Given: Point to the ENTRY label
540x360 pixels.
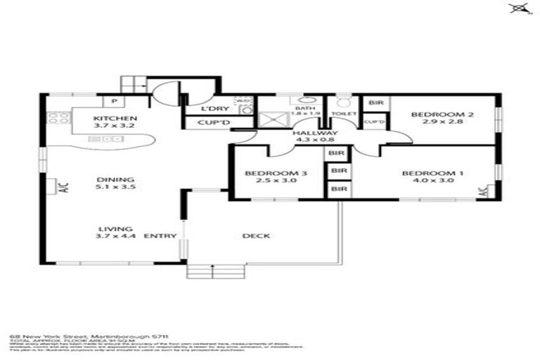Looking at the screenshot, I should click(160, 236).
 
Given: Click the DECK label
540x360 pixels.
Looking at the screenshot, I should click(256, 236).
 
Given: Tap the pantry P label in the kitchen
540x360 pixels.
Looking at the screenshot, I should click(112, 101).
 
